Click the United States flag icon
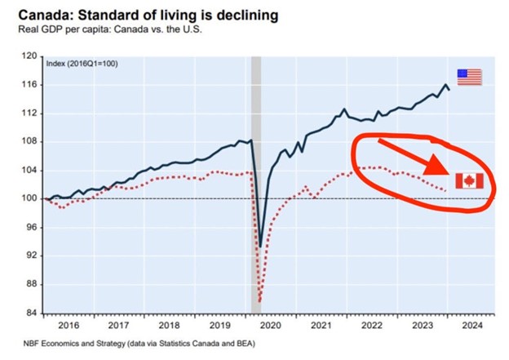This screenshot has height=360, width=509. pos(469,77)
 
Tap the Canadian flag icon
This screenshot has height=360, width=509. pos(469,180)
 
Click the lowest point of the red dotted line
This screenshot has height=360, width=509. pos(260,301)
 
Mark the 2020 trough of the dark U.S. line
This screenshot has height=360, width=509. pos(260,246)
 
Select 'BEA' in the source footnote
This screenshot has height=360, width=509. pos(218,343)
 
